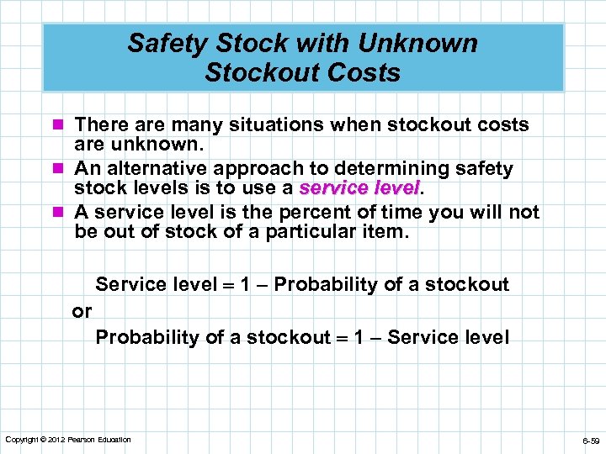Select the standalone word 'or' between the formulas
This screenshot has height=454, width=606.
82,312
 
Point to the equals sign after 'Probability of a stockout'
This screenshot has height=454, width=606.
343,338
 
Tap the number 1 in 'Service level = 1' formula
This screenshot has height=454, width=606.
245,285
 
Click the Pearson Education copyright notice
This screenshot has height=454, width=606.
68,440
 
